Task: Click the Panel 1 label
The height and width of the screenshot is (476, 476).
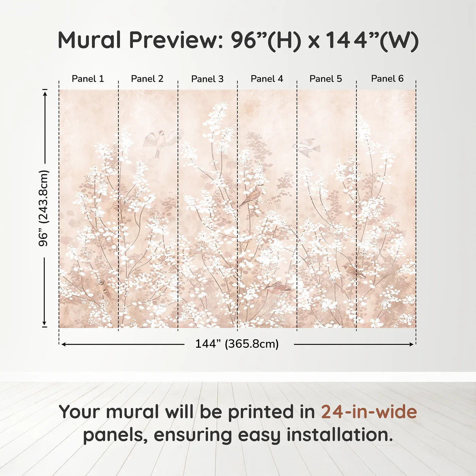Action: (88, 79)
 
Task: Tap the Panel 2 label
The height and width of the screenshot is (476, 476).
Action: (147, 79)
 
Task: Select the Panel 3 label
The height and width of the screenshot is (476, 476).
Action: (207, 79)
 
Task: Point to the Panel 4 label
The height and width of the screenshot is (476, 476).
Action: (267, 79)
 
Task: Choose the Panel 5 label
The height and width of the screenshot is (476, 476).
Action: (326, 79)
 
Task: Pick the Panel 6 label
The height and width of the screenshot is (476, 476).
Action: (387, 79)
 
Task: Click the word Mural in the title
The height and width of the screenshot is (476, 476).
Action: (89, 40)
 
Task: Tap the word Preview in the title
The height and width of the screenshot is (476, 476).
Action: (176, 40)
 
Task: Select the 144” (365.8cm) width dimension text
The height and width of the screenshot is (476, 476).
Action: (237, 344)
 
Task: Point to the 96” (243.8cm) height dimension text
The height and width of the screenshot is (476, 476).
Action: (44, 208)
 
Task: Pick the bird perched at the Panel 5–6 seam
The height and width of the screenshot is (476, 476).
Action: (354, 271)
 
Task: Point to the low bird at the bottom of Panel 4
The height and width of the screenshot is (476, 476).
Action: (278, 288)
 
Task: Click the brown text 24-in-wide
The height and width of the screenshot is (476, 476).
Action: (369, 412)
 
